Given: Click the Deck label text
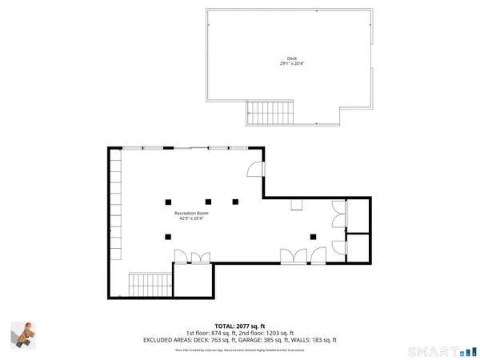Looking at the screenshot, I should pos(291,58).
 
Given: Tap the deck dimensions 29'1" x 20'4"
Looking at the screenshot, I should pos(291,65).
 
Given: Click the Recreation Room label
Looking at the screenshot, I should pos(192,214).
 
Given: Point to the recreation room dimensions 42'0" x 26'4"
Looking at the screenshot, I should pos(192,219).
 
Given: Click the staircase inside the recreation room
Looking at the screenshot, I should pos(150,284).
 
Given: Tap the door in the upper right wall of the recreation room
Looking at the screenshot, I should pos(254,169).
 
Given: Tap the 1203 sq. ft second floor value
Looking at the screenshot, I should pos(278,333).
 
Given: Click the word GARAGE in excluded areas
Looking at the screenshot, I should pos(254,340).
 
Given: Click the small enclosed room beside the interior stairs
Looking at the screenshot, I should pos(193,280).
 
